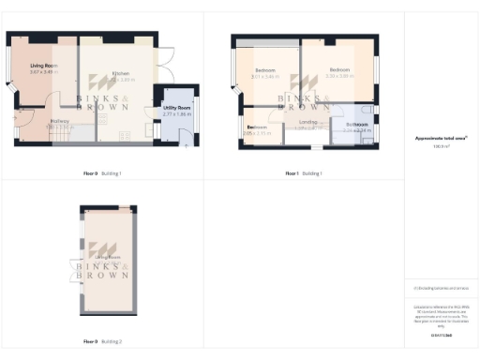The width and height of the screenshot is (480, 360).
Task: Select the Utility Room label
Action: [x=176, y=111]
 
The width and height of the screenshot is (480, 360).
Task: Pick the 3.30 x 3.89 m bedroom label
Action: [x=339, y=72]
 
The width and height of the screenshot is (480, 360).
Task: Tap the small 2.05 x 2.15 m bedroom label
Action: [x=256, y=130]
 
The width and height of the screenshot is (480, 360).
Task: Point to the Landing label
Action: [x=308, y=123]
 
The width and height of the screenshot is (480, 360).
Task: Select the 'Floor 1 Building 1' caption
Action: [x=304, y=173]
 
